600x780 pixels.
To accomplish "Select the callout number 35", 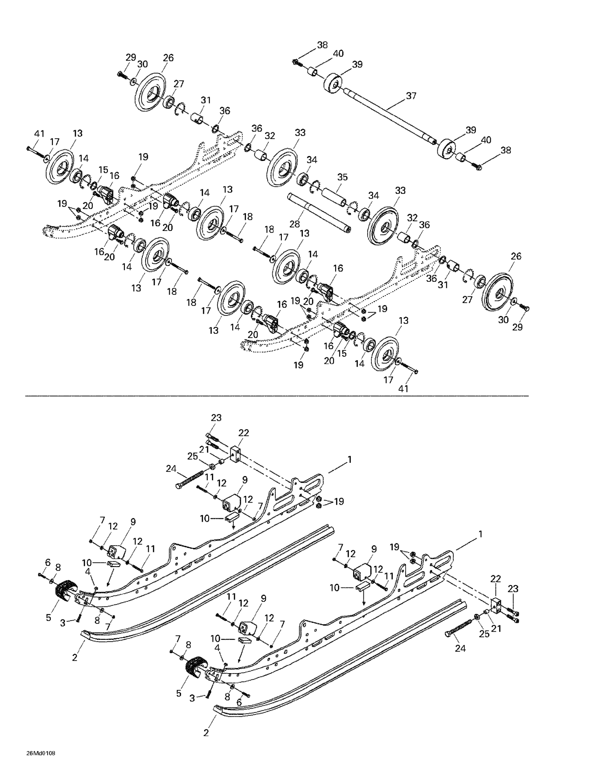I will click(342, 177).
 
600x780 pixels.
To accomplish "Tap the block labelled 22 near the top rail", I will click(236, 454).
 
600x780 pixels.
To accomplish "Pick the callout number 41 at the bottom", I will click(403, 388).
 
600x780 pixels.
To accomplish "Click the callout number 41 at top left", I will click(39, 134).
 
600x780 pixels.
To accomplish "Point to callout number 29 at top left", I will click(131, 57).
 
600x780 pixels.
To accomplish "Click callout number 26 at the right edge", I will click(516, 256).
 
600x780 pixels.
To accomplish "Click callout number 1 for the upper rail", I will click(349, 460).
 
